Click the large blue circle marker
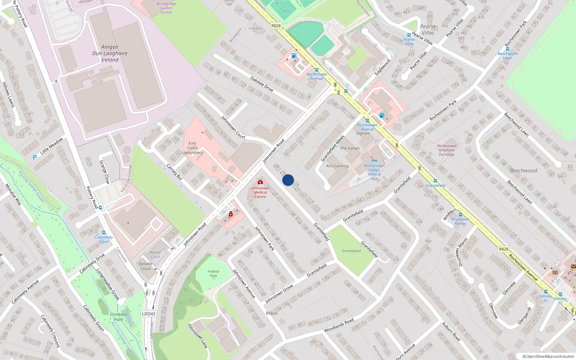coord(288,180)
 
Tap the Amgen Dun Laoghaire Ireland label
coord(110,53)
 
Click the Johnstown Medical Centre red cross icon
coord(260,182)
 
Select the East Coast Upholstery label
coord(192,148)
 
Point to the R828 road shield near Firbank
coord(276,26)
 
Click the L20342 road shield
coord(148,314)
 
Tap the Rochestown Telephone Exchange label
coord(446,150)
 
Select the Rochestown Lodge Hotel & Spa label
coord(374,172)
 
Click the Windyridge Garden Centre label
coord(166,8)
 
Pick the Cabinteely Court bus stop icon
coord(104,233)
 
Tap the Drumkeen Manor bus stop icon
coord(460,215)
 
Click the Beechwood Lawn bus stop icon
coord(507,49)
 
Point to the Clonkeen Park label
coord(118,317)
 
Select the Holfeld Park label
coord(213,274)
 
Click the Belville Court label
coord(145,266)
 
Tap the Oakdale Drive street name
coord(262,84)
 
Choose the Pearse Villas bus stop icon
coord(409,35)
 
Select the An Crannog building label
coord(337,166)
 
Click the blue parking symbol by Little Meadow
coord(35,157)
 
